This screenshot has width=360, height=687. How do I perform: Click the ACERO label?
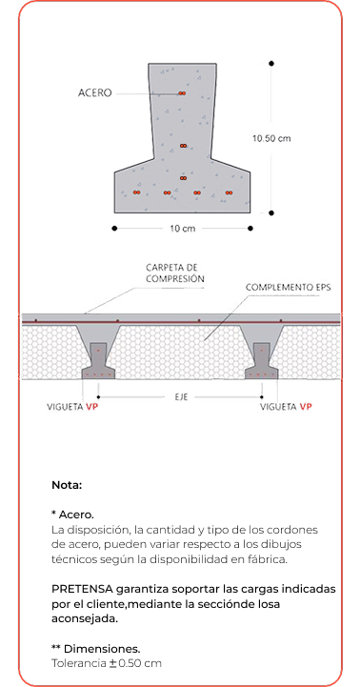tap(94, 92)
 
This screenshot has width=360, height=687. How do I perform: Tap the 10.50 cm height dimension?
tap(271, 138)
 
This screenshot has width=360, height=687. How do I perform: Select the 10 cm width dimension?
tap(183, 229)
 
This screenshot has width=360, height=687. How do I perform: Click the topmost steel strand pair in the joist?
tap(182, 93)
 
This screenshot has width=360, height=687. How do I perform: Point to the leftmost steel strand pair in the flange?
tap(136, 192)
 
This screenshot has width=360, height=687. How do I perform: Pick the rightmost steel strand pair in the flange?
tap(229, 192)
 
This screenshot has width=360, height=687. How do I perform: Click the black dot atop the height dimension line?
tap(271, 64)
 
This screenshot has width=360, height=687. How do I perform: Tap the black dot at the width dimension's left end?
tap(114, 228)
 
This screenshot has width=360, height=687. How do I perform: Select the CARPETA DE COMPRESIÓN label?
tap(175, 273)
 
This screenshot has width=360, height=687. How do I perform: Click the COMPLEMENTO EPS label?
tap(289, 288)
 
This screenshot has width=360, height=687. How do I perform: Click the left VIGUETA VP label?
tap(72, 407)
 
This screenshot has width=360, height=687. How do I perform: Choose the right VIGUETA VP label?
tap(286, 407)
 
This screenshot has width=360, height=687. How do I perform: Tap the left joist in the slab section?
tap(98, 361)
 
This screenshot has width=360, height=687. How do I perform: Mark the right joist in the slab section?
tap(262, 361)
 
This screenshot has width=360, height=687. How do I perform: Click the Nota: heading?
tap(67, 485)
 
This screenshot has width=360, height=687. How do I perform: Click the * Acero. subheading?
tap(72, 514)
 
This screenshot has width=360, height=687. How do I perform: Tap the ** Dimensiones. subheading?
tap(96, 649)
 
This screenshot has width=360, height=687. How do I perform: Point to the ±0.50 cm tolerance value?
tap(135, 663)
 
